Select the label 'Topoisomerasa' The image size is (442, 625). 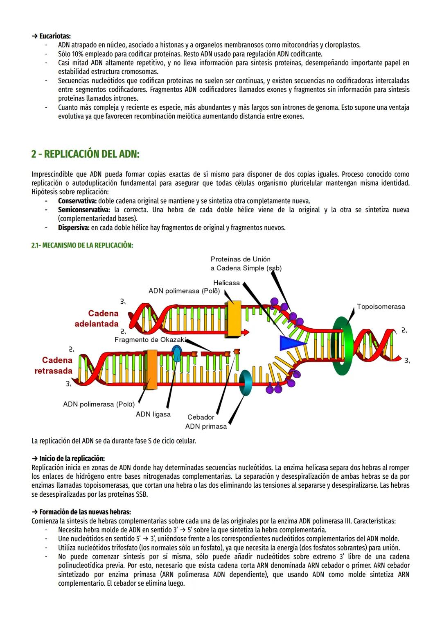coord(381,307)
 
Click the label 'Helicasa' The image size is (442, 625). coord(226,283)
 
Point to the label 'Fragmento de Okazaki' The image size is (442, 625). coord(150,340)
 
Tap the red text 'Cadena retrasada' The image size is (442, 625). coord(57,366)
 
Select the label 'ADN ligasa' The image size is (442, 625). coord(153,414)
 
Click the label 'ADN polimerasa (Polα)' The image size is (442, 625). coord(99,404)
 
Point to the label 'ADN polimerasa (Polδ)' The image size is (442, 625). coord(184,291)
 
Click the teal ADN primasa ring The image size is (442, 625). coord(246,382)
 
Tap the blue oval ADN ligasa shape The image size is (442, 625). coord(177,353)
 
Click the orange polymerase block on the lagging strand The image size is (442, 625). coord(152,369)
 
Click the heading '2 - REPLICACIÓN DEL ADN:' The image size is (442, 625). coord(85,154)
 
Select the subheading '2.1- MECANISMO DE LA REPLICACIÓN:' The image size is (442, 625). coord(82,245)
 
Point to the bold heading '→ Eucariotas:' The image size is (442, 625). coord(51,36)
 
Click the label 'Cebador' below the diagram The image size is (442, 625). coord(201,417)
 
